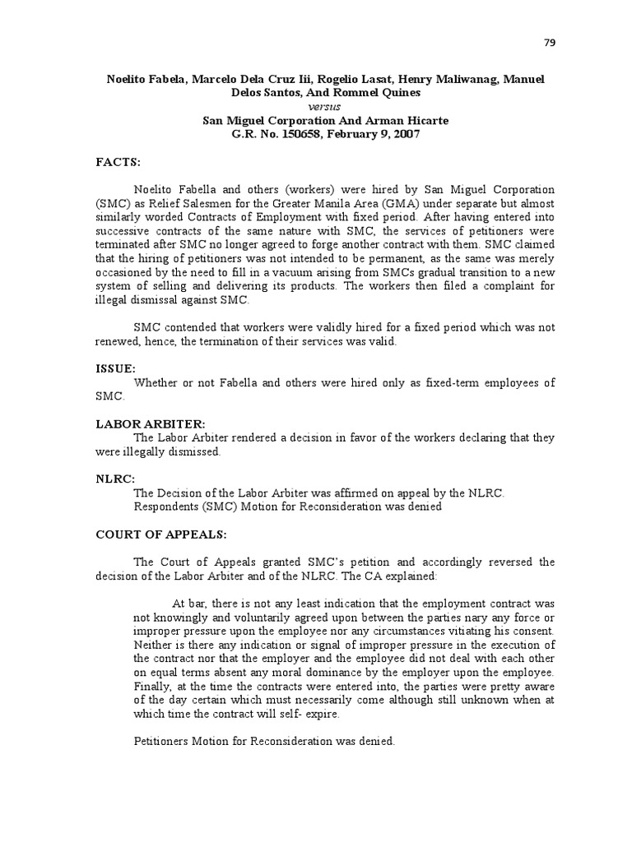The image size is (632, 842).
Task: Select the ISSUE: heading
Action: pyautogui.click(x=114, y=369)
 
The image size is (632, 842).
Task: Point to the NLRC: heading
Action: pyautogui.click(x=114, y=479)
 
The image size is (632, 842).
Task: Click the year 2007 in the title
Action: pyautogui.click(x=407, y=134)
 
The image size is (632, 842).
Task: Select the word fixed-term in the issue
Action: pyautogui.click(x=462, y=383)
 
